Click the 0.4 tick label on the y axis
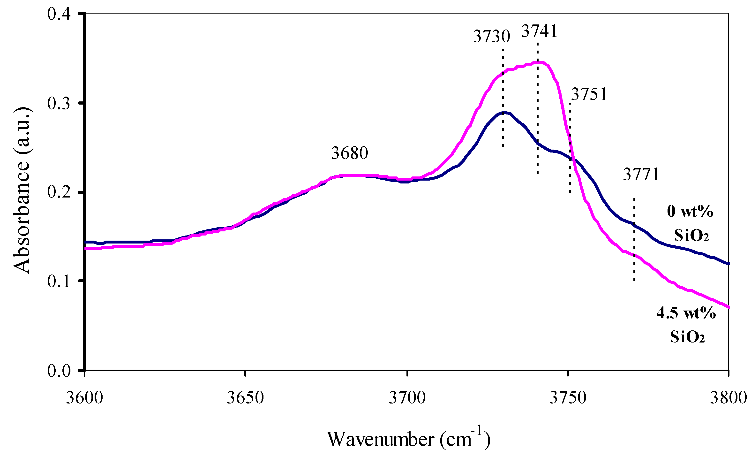59,14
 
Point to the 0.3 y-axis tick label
59,103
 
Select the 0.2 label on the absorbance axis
59,192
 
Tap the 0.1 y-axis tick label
59,281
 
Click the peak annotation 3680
350,153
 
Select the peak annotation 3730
491,36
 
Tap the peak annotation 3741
539,31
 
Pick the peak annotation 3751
589,94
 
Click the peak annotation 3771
641,174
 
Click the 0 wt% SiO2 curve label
690,223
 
